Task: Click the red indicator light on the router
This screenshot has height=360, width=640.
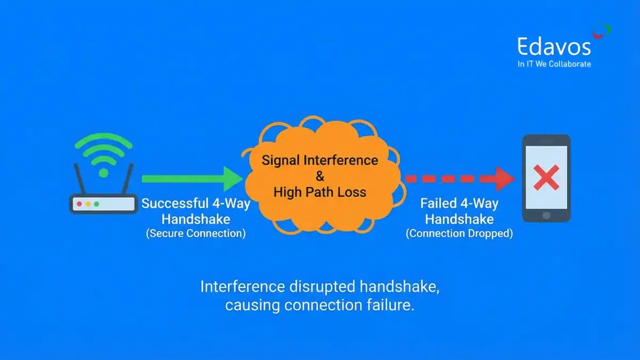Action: point(79,204)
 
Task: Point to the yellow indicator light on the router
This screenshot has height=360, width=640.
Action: point(88,204)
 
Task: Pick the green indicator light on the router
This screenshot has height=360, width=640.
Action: point(97,204)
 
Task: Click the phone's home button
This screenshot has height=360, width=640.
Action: point(546,215)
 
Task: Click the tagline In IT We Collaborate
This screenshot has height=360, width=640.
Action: point(554,64)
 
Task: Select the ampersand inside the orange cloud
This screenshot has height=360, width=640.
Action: point(320,176)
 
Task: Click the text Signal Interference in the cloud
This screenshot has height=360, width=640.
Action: point(320,161)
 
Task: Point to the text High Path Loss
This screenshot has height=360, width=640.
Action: point(320,192)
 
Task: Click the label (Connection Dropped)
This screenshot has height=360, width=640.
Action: point(459,233)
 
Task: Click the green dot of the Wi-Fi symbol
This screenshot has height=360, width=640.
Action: point(103,173)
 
